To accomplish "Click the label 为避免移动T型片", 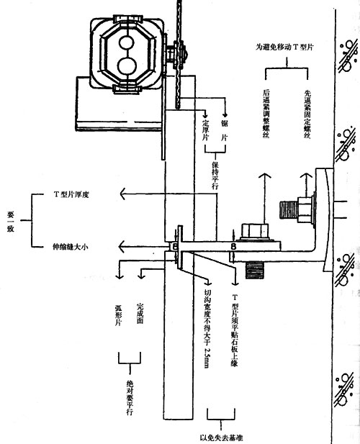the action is pos(284,47).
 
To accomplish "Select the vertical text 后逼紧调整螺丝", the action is pos(266,114).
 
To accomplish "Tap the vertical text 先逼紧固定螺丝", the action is pos(307,114).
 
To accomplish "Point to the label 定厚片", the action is pos(205,130).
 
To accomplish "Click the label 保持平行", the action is pos(215,176).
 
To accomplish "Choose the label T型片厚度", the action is pos(71,194).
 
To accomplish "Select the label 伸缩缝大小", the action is pos(71,247).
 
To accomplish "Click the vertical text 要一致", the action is pos(11,222).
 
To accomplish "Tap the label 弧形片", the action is pos(118,315).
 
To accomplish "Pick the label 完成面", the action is pos(140,313).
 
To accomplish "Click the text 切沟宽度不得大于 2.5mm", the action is pos(207,328).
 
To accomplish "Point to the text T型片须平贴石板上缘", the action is pos(234,330).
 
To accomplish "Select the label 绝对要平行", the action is pos(130,397).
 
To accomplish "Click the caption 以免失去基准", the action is pos(221,438).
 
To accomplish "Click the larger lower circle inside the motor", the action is pos(127,66).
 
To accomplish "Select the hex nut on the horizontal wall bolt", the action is pos(305,210).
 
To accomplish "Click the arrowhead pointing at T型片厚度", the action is pos(123,194).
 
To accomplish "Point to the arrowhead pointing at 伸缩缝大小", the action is pos(122,247).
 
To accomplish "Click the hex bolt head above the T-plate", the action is pos(254,231).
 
